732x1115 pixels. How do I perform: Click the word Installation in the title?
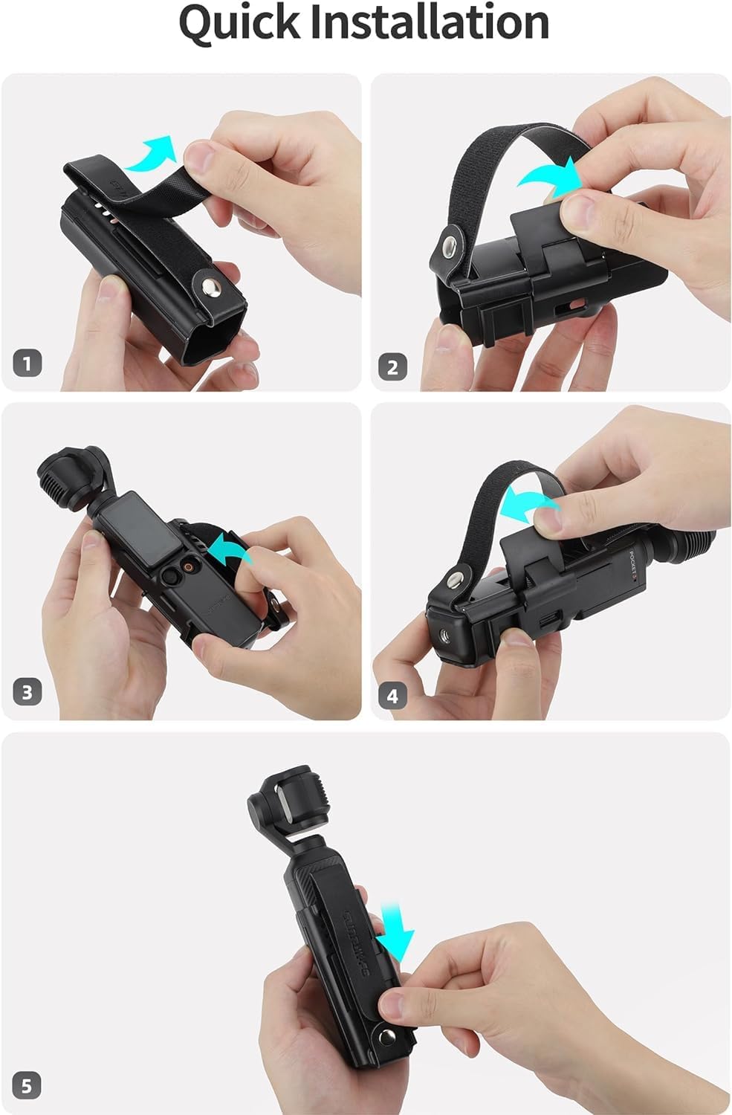[429, 22]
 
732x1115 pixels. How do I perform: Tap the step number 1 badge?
[27, 363]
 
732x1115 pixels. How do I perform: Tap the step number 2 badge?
[393, 366]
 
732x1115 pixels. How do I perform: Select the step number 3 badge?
[27, 693]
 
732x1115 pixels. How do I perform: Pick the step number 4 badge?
[393, 696]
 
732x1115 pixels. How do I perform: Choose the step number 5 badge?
[27, 1086]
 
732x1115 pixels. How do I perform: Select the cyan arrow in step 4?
[528, 506]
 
